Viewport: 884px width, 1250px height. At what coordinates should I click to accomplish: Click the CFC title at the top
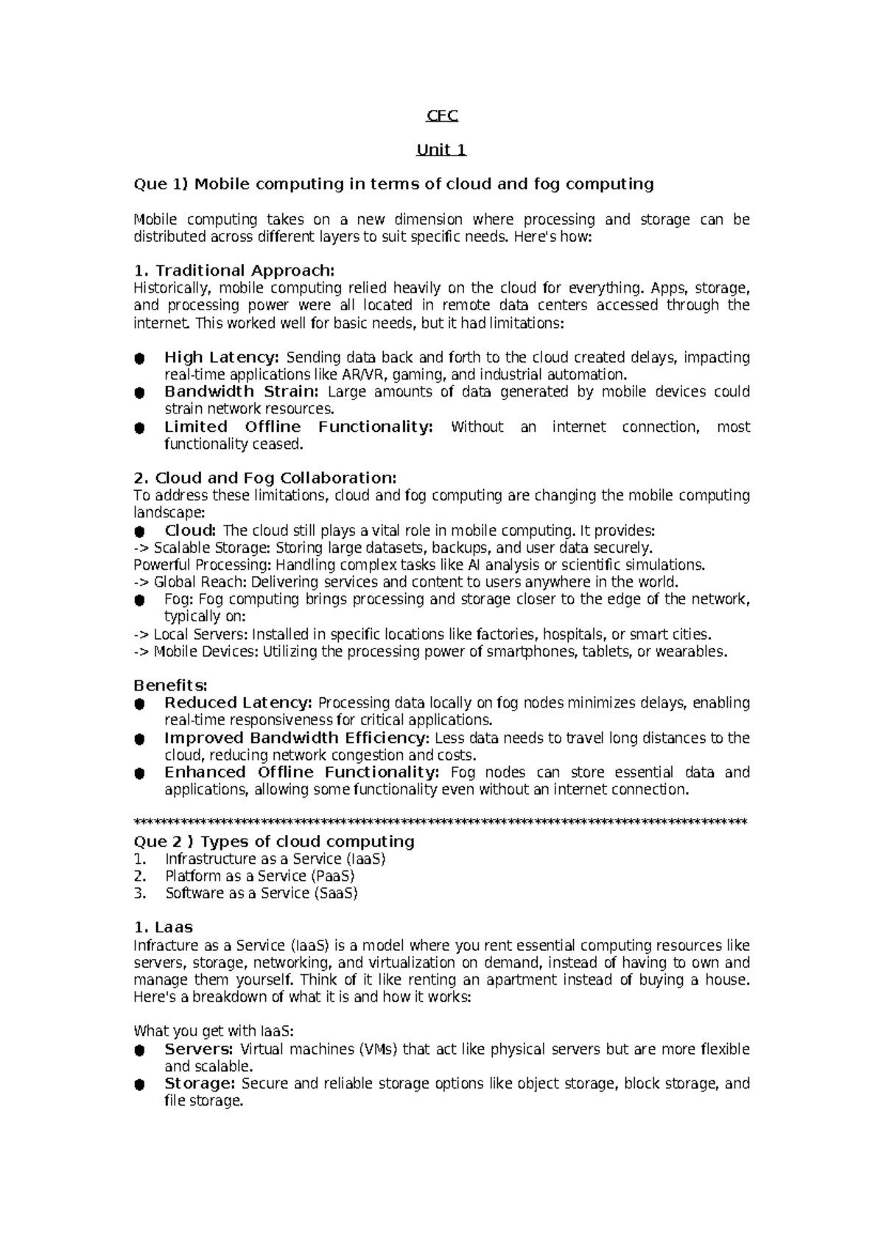point(442,116)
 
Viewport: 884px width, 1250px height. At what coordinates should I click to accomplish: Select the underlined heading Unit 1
point(441,150)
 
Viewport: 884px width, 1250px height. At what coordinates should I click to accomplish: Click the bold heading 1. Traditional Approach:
point(234,270)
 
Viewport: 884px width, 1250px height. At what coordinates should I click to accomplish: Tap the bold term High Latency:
point(221,357)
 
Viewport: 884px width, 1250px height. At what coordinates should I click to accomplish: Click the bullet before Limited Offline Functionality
point(138,427)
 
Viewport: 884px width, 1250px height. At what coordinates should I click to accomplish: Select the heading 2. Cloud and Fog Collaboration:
point(264,478)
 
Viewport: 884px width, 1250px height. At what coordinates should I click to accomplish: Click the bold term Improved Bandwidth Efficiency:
point(296,738)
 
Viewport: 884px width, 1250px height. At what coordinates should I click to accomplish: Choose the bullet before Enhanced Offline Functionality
point(138,773)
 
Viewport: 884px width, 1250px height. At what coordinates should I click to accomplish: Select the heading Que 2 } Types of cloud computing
point(273,842)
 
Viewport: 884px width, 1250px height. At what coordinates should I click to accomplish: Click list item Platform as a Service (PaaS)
point(259,876)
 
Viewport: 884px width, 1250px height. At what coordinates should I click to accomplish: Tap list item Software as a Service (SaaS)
point(261,893)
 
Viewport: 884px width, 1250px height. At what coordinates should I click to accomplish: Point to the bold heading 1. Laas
point(163,927)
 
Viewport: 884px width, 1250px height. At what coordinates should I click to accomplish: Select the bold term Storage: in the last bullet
point(199,1083)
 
